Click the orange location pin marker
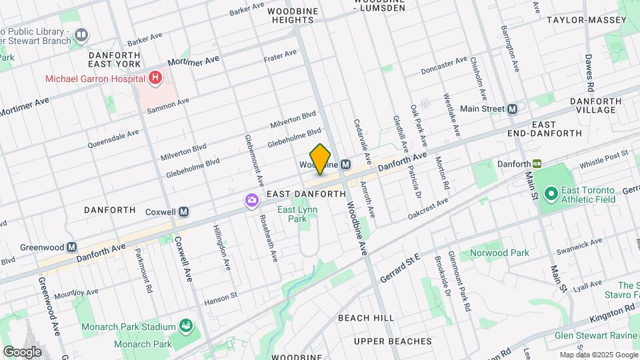(x=321, y=159)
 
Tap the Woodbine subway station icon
(x=345, y=165)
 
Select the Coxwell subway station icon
(x=184, y=212)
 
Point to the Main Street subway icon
(x=512, y=109)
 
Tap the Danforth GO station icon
(x=537, y=163)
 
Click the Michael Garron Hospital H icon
(x=155, y=79)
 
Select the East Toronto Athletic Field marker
(x=551, y=195)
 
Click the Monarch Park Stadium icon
(x=186, y=327)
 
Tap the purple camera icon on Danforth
(x=251, y=199)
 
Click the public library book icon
(x=81, y=33)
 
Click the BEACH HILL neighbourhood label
(x=365, y=318)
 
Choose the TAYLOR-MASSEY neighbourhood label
(x=587, y=20)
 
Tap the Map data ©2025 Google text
(x=598, y=355)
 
